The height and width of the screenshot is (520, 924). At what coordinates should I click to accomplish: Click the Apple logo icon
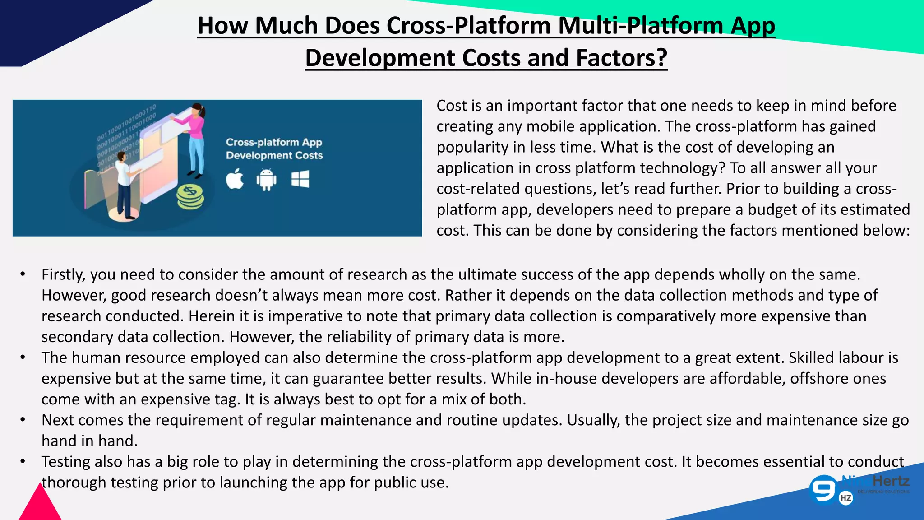pyautogui.click(x=235, y=179)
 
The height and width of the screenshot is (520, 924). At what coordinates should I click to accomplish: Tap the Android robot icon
pyautogui.click(x=266, y=179)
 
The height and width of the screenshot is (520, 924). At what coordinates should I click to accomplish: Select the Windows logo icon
pyautogui.click(x=300, y=179)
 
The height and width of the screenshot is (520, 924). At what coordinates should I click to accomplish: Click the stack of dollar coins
pyautogui.click(x=190, y=197)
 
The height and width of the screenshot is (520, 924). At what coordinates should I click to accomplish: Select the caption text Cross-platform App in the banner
pyautogui.click(x=274, y=142)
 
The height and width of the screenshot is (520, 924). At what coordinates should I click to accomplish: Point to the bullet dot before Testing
pyautogui.click(x=23, y=462)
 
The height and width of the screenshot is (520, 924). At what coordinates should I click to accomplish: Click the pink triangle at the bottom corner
pyautogui.click(x=40, y=505)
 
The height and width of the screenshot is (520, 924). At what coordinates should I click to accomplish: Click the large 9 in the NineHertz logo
pyautogui.click(x=823, y=489)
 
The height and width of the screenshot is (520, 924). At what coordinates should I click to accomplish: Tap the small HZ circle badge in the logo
pyautogui.click(x=846, y=498)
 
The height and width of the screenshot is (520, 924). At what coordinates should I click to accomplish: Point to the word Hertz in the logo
pyautogui.click(x=891, y=481)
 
